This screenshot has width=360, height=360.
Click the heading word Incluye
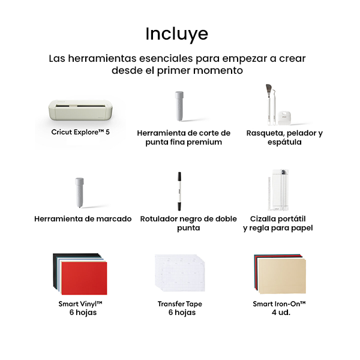(x=177, y=34)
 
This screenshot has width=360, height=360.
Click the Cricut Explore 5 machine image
(x=80, y=110)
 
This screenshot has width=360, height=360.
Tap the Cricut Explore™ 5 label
(x=80, y=132)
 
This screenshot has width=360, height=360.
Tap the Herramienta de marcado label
(x=83, y=219)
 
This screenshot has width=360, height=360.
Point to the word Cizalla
(x=265, y=219)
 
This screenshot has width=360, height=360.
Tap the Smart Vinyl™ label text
(x=80, y=304)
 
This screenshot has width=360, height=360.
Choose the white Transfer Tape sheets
(x=180, y=274)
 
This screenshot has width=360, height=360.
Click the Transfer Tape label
(x=180, y=304)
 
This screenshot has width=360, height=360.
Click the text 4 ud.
(x=281, y=313)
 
